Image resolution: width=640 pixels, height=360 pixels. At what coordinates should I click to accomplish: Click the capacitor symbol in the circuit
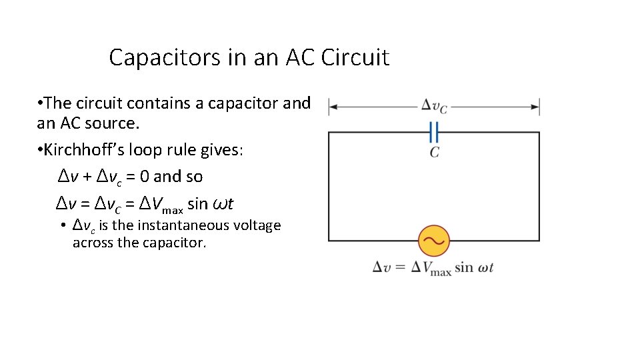click(x=434, y=132)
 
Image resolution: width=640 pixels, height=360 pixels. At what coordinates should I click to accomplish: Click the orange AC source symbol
click(x=434, y=241)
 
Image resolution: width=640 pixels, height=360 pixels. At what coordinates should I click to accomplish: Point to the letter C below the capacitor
click(x=434, y=153)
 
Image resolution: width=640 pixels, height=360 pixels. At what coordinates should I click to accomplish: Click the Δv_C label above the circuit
click(x=434, y=106)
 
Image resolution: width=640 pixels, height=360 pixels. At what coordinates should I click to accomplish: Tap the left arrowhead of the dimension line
click(x=333, y=106)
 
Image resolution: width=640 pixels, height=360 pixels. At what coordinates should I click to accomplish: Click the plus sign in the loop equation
click(x=87, y=177)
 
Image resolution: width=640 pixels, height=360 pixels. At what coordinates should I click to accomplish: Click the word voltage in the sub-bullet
click(x=257, y=225)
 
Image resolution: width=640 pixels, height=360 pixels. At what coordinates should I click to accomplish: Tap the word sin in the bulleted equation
click(x=198, y=203)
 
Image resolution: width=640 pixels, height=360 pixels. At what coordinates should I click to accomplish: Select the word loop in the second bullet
click(x=155, y=150)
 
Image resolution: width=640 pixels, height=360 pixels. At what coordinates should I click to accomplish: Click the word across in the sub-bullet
click(x=92, y=243)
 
